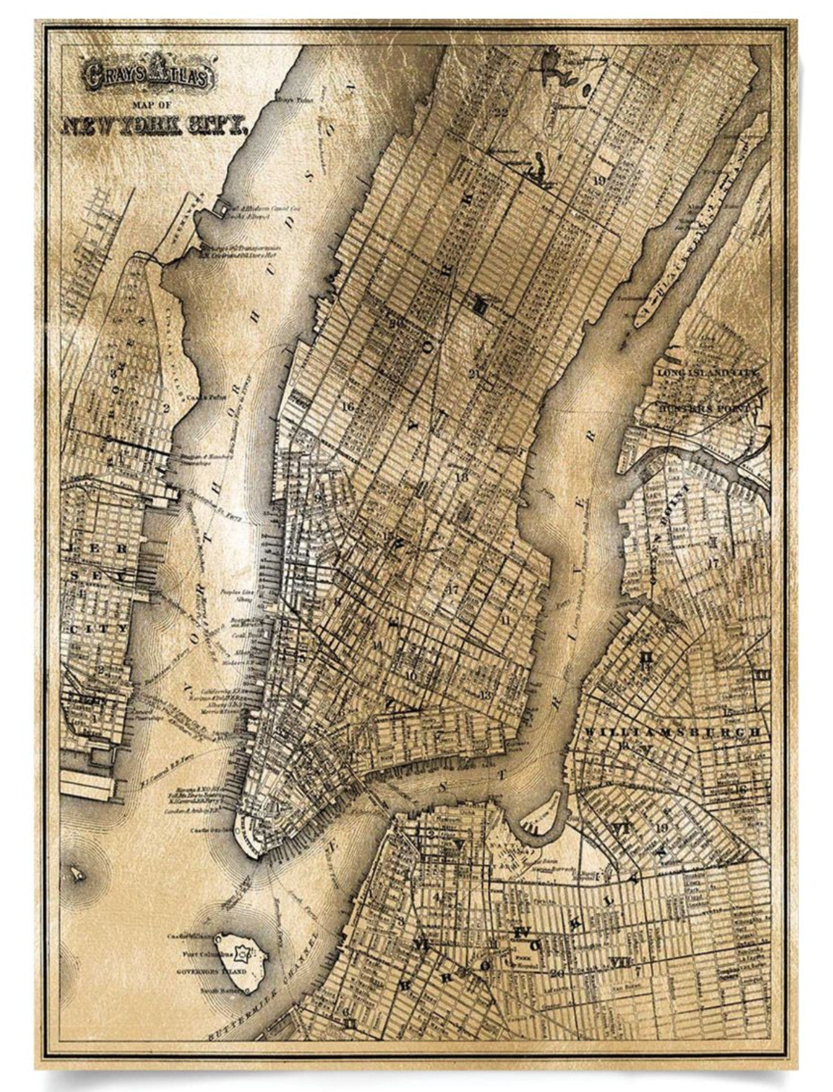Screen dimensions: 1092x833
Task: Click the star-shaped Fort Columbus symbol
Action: pyautogui.click(x=242, y=954)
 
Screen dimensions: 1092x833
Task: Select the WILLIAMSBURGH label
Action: pyautogui.click(x=671, y=732)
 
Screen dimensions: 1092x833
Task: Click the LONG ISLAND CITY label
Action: pyautogui.click(x=709, y=372)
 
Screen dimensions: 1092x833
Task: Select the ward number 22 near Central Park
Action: pyautogui.click(x=500, y=111)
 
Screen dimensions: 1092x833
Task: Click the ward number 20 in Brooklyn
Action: pyautogui.click(x=556, y=973)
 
